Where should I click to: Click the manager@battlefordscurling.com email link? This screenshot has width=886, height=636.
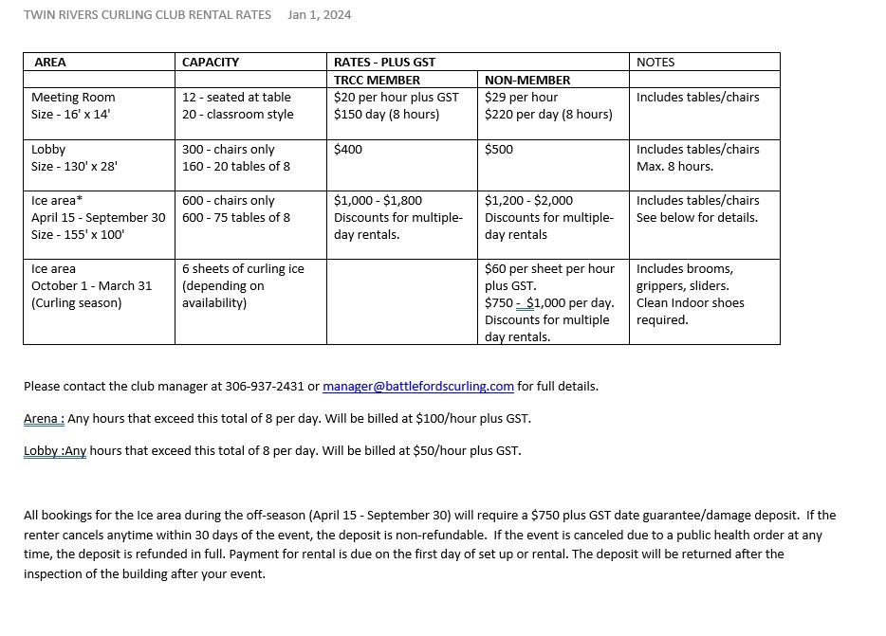click(x=418, y=387)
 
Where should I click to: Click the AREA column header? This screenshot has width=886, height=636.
click(x=50, y=63)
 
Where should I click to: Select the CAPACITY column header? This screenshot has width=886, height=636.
click(x=211, y=63)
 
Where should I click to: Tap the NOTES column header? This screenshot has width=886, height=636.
click(x=655, y=63)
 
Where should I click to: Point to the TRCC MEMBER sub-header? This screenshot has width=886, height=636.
click(x=377, y=81)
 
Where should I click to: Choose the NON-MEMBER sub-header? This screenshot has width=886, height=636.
click(x=527, y=81)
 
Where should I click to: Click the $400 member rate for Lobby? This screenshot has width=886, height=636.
click(x=348, y=150)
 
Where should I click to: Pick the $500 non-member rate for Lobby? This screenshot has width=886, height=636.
click(x=499, y=150)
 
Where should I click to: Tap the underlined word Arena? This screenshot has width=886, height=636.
click(x=43, y=419)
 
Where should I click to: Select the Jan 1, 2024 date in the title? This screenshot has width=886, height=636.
click(x=320, y=15)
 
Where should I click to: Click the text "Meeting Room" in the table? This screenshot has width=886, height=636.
click(x=73, y=98)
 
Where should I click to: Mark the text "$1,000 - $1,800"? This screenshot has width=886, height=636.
click(x=378, y=201)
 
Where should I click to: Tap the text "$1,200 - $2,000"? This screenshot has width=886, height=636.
click(x=529, y=201)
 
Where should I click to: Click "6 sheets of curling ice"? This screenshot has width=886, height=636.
click(x=243, y=269)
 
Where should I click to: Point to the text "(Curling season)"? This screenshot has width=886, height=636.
click(x=77, y=303)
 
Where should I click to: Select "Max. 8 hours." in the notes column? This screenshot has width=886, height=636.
click(x=674, y=167)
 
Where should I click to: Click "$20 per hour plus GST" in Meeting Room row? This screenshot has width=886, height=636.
click(x=397, y=98)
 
